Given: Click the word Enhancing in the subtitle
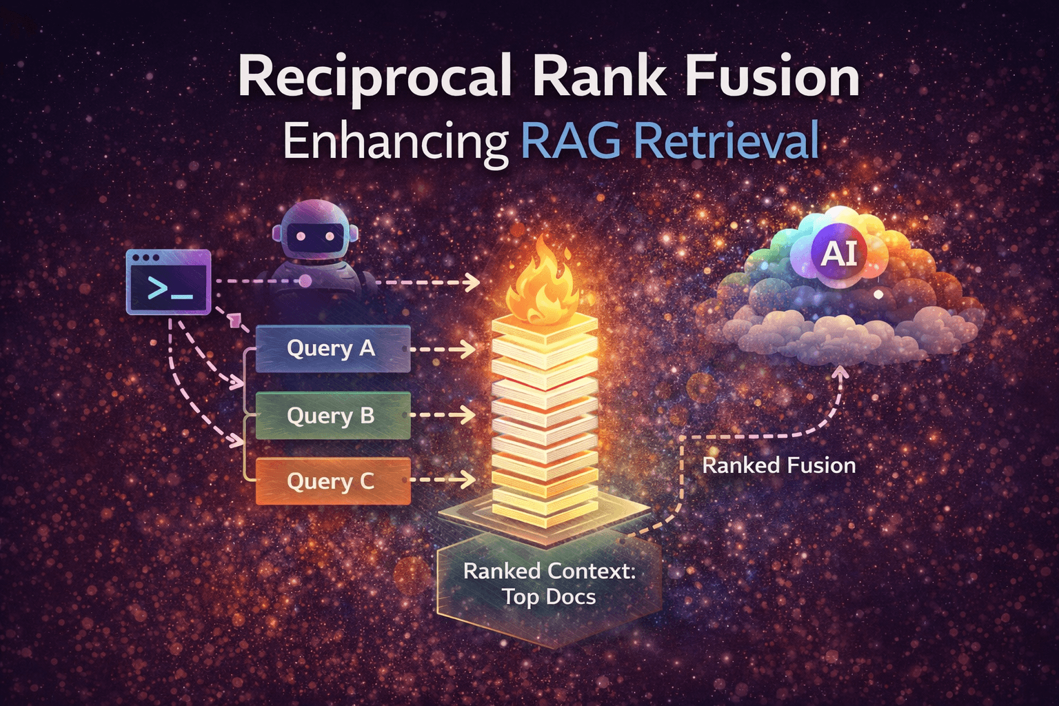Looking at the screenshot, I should coord(395,142).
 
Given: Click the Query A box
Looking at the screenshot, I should coord(332,349).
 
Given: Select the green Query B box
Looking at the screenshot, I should coord(332,416).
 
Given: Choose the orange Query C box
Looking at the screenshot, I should coord(332,481).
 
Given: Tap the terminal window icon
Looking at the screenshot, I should coord(169,281).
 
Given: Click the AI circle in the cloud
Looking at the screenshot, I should coord(838,254).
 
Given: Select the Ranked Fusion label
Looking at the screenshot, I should coord(778,465).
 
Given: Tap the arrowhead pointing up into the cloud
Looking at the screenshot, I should coord(840,373).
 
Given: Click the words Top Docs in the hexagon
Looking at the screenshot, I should coord(549,597).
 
